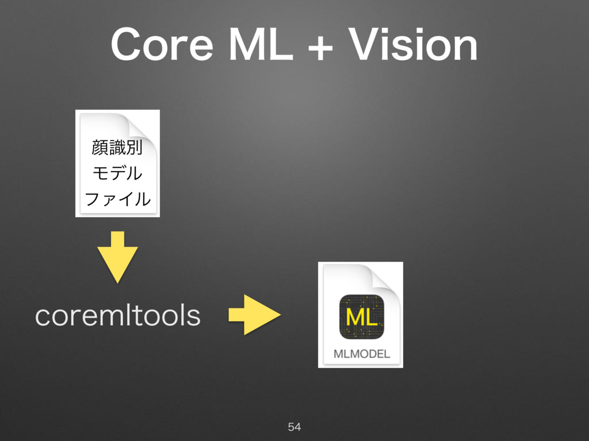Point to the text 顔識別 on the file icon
pos(117,147)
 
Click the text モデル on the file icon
pos(117,173)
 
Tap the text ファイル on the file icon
pos(117,199)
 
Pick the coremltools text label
pos(117,315)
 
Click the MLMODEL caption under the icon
pos(361,354)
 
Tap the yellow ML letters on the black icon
pos(361,316)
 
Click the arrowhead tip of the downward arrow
pos(117,281)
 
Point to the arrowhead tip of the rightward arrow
pos(279,315)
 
